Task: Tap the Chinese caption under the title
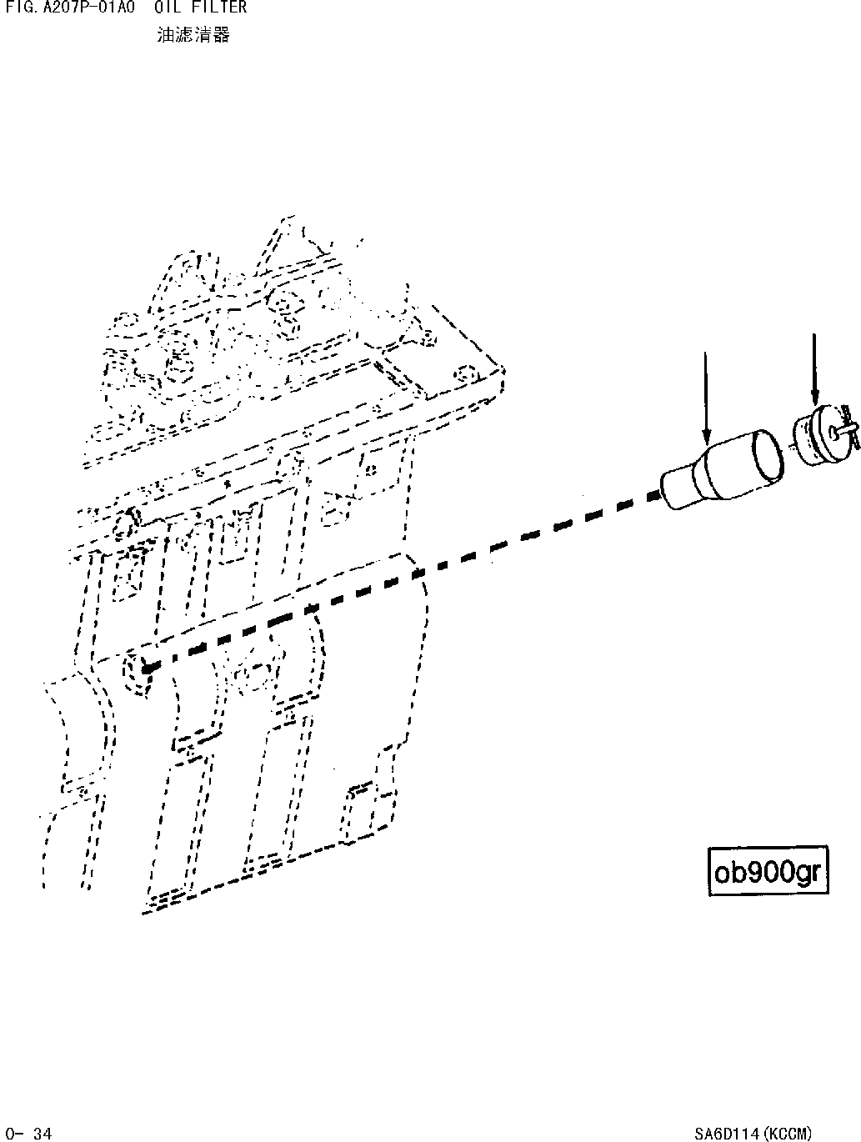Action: pos(193,35)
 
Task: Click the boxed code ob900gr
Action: pos(768,872)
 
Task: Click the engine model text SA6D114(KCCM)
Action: pos(752,1133)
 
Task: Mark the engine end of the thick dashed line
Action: pos(148,666)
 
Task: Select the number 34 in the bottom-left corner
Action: pos(43,1133)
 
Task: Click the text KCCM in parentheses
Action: pos(790,1133)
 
